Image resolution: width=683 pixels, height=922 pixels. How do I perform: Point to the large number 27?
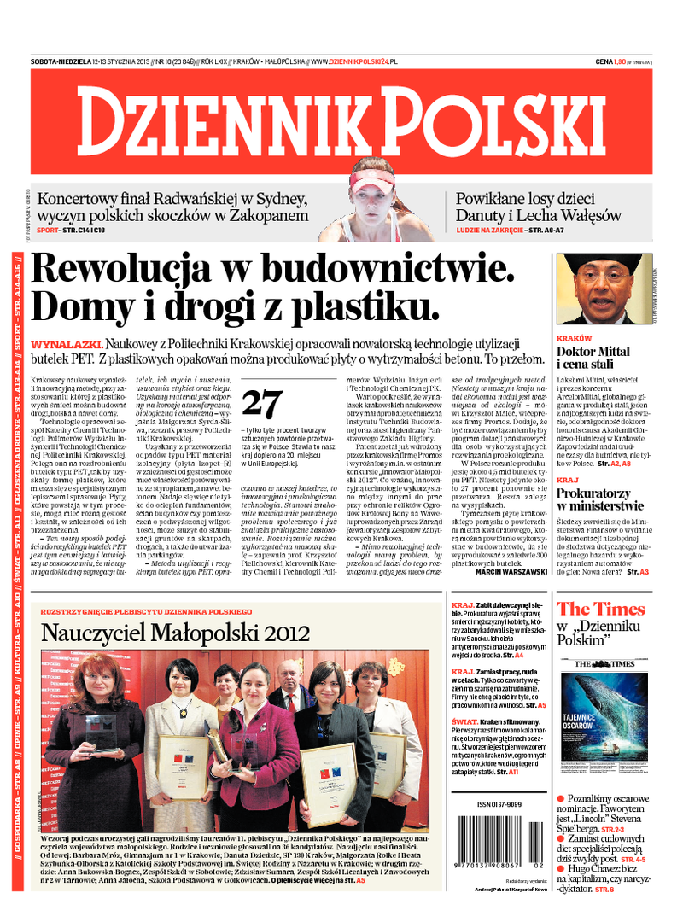point(264,402)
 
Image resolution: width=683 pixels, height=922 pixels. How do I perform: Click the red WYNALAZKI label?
point(57,342)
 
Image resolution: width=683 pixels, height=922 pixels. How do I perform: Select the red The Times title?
point(601,609)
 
